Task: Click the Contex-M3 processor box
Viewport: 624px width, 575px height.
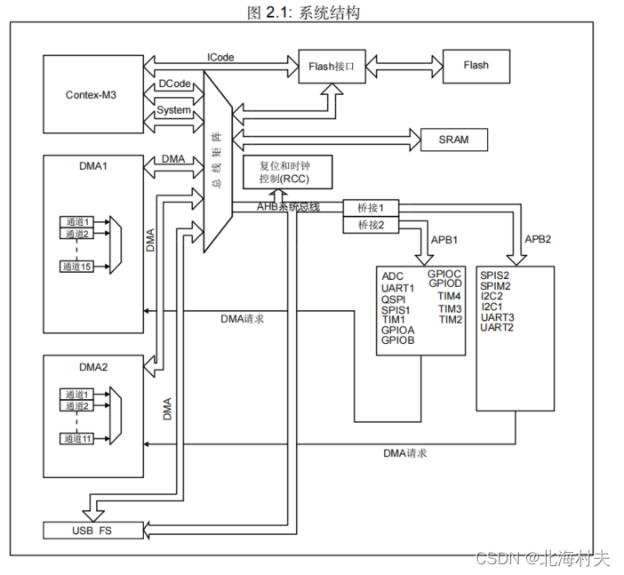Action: click(x=92, y=94)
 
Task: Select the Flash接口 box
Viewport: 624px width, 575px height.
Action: click(x=332, y=66)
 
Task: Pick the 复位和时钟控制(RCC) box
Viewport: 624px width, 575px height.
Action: click(x=289, y=172)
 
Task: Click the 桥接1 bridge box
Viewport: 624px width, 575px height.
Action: click(x=370, y=207)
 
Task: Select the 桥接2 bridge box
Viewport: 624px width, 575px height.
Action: click(x=370, y=225)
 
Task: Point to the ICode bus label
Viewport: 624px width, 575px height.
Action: click(x=220, y=57)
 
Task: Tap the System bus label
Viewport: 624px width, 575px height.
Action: click(x=173, y=110)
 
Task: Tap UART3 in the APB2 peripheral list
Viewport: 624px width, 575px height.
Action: click(x=497, y=317)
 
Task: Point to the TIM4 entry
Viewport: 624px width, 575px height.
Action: click(x=450, y=296)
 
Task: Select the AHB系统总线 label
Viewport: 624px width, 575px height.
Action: click(x=288, y=207)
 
